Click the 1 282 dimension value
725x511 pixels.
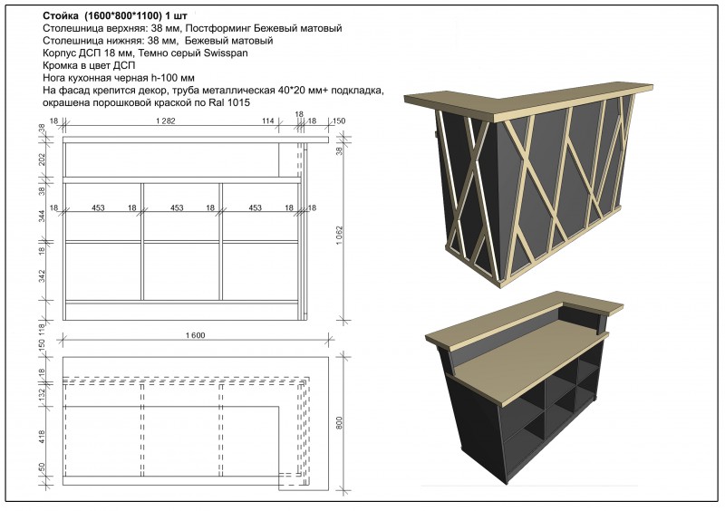(166, 121)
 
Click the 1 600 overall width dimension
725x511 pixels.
(195, 335)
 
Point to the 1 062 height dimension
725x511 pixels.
(341, 235)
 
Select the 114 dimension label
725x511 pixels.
(268, 121)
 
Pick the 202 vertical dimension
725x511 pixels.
(42, 159)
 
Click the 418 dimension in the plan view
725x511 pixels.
(42, 437)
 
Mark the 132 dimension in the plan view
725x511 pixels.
(42, 395)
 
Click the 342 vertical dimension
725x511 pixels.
(42, 276)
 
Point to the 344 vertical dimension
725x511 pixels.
(42, 217)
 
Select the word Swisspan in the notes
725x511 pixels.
(226, 53)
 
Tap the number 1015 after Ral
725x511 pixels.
(240, 102)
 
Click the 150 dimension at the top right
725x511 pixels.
(339, 121)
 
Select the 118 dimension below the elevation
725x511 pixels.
(42, 328)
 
